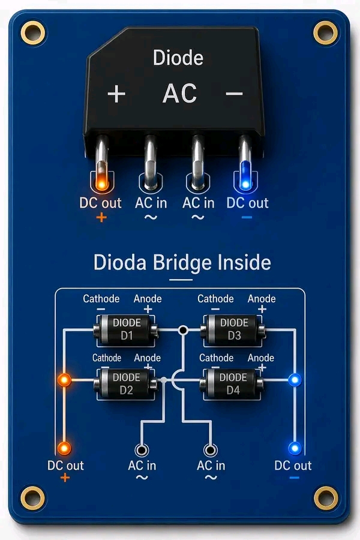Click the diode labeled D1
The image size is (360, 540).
point(126,329)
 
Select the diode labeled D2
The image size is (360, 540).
point(126,383)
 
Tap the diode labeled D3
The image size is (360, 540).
point(233,329)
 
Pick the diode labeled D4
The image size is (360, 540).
point(233,383)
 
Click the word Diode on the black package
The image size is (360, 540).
point(178,58)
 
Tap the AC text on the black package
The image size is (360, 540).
point(179,94)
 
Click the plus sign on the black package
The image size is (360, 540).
point(116,94)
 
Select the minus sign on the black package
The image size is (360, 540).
point(234,94)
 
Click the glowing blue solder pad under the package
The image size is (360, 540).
point(245,184)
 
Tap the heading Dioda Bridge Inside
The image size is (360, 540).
point(182,262)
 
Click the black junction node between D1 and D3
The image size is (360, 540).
point(183,330)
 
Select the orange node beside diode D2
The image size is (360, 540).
point(64,380)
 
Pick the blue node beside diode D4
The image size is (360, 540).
point(295,380)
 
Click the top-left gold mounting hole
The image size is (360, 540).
point(33,33)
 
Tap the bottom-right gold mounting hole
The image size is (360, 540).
point(326,498)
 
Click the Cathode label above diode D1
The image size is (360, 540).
point(101,299)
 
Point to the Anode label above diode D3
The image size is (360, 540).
point(262,299)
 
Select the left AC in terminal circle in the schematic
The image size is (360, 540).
point(142,450)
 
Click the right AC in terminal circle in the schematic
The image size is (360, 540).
point(211,450)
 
